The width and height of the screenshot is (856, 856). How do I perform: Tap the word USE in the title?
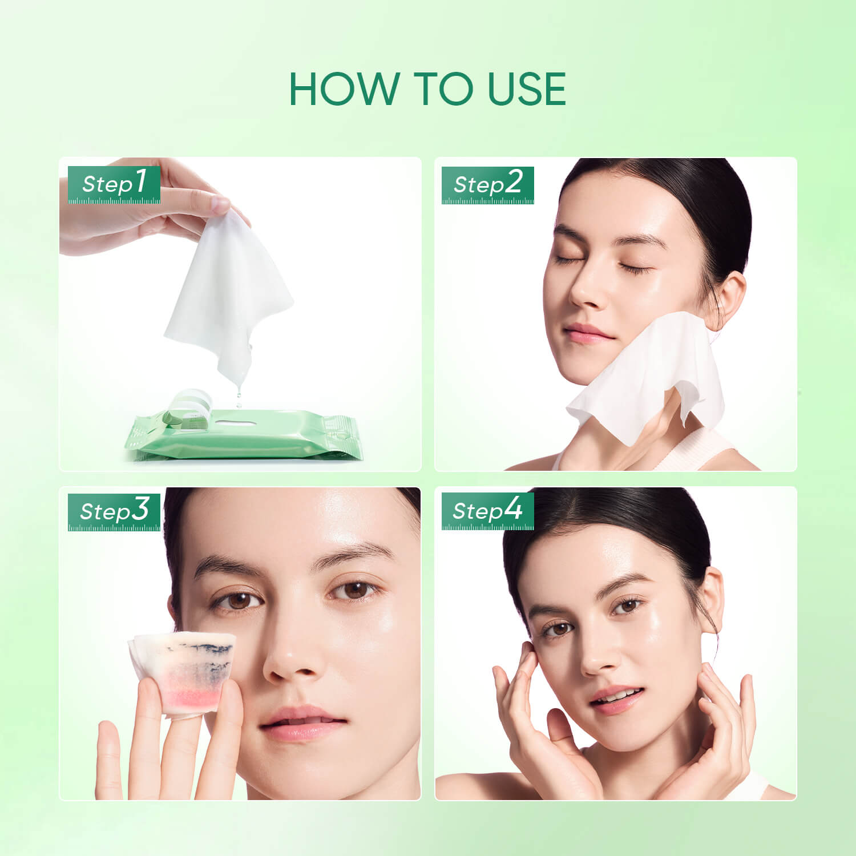pyautogui.click(x=527, y=90)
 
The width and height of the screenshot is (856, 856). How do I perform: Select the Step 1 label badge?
pyautogui.click(x=114, y=184)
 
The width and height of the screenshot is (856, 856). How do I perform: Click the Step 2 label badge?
pyautogui.click(x=488, y=185)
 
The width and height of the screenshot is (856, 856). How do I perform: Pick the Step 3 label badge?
pyautogui.click(x=114, y=511)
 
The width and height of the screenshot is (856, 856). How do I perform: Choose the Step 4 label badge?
pyautogui.click(x=488, y=510)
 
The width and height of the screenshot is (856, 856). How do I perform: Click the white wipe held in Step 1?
pyautogui.click(x=228, y=285)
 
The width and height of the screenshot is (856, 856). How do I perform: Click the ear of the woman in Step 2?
pyautogui.click(x=730, y=300)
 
